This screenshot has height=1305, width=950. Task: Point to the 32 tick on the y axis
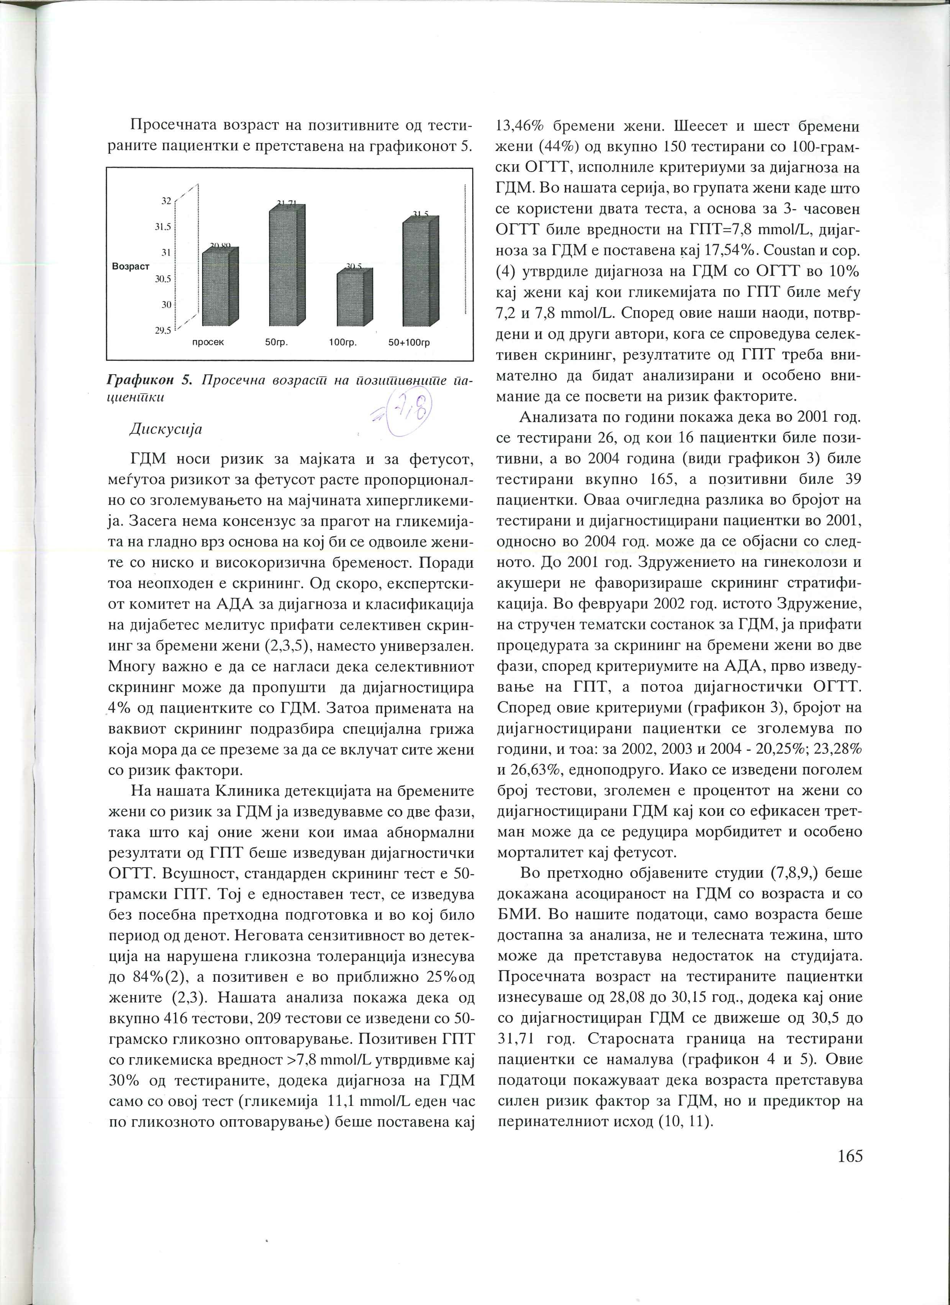click(166, 201)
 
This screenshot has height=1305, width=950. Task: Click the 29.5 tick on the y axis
click(164, 330)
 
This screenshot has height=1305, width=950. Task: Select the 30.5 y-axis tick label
click(164, 278)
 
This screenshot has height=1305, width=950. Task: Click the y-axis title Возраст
click(131, 267)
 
